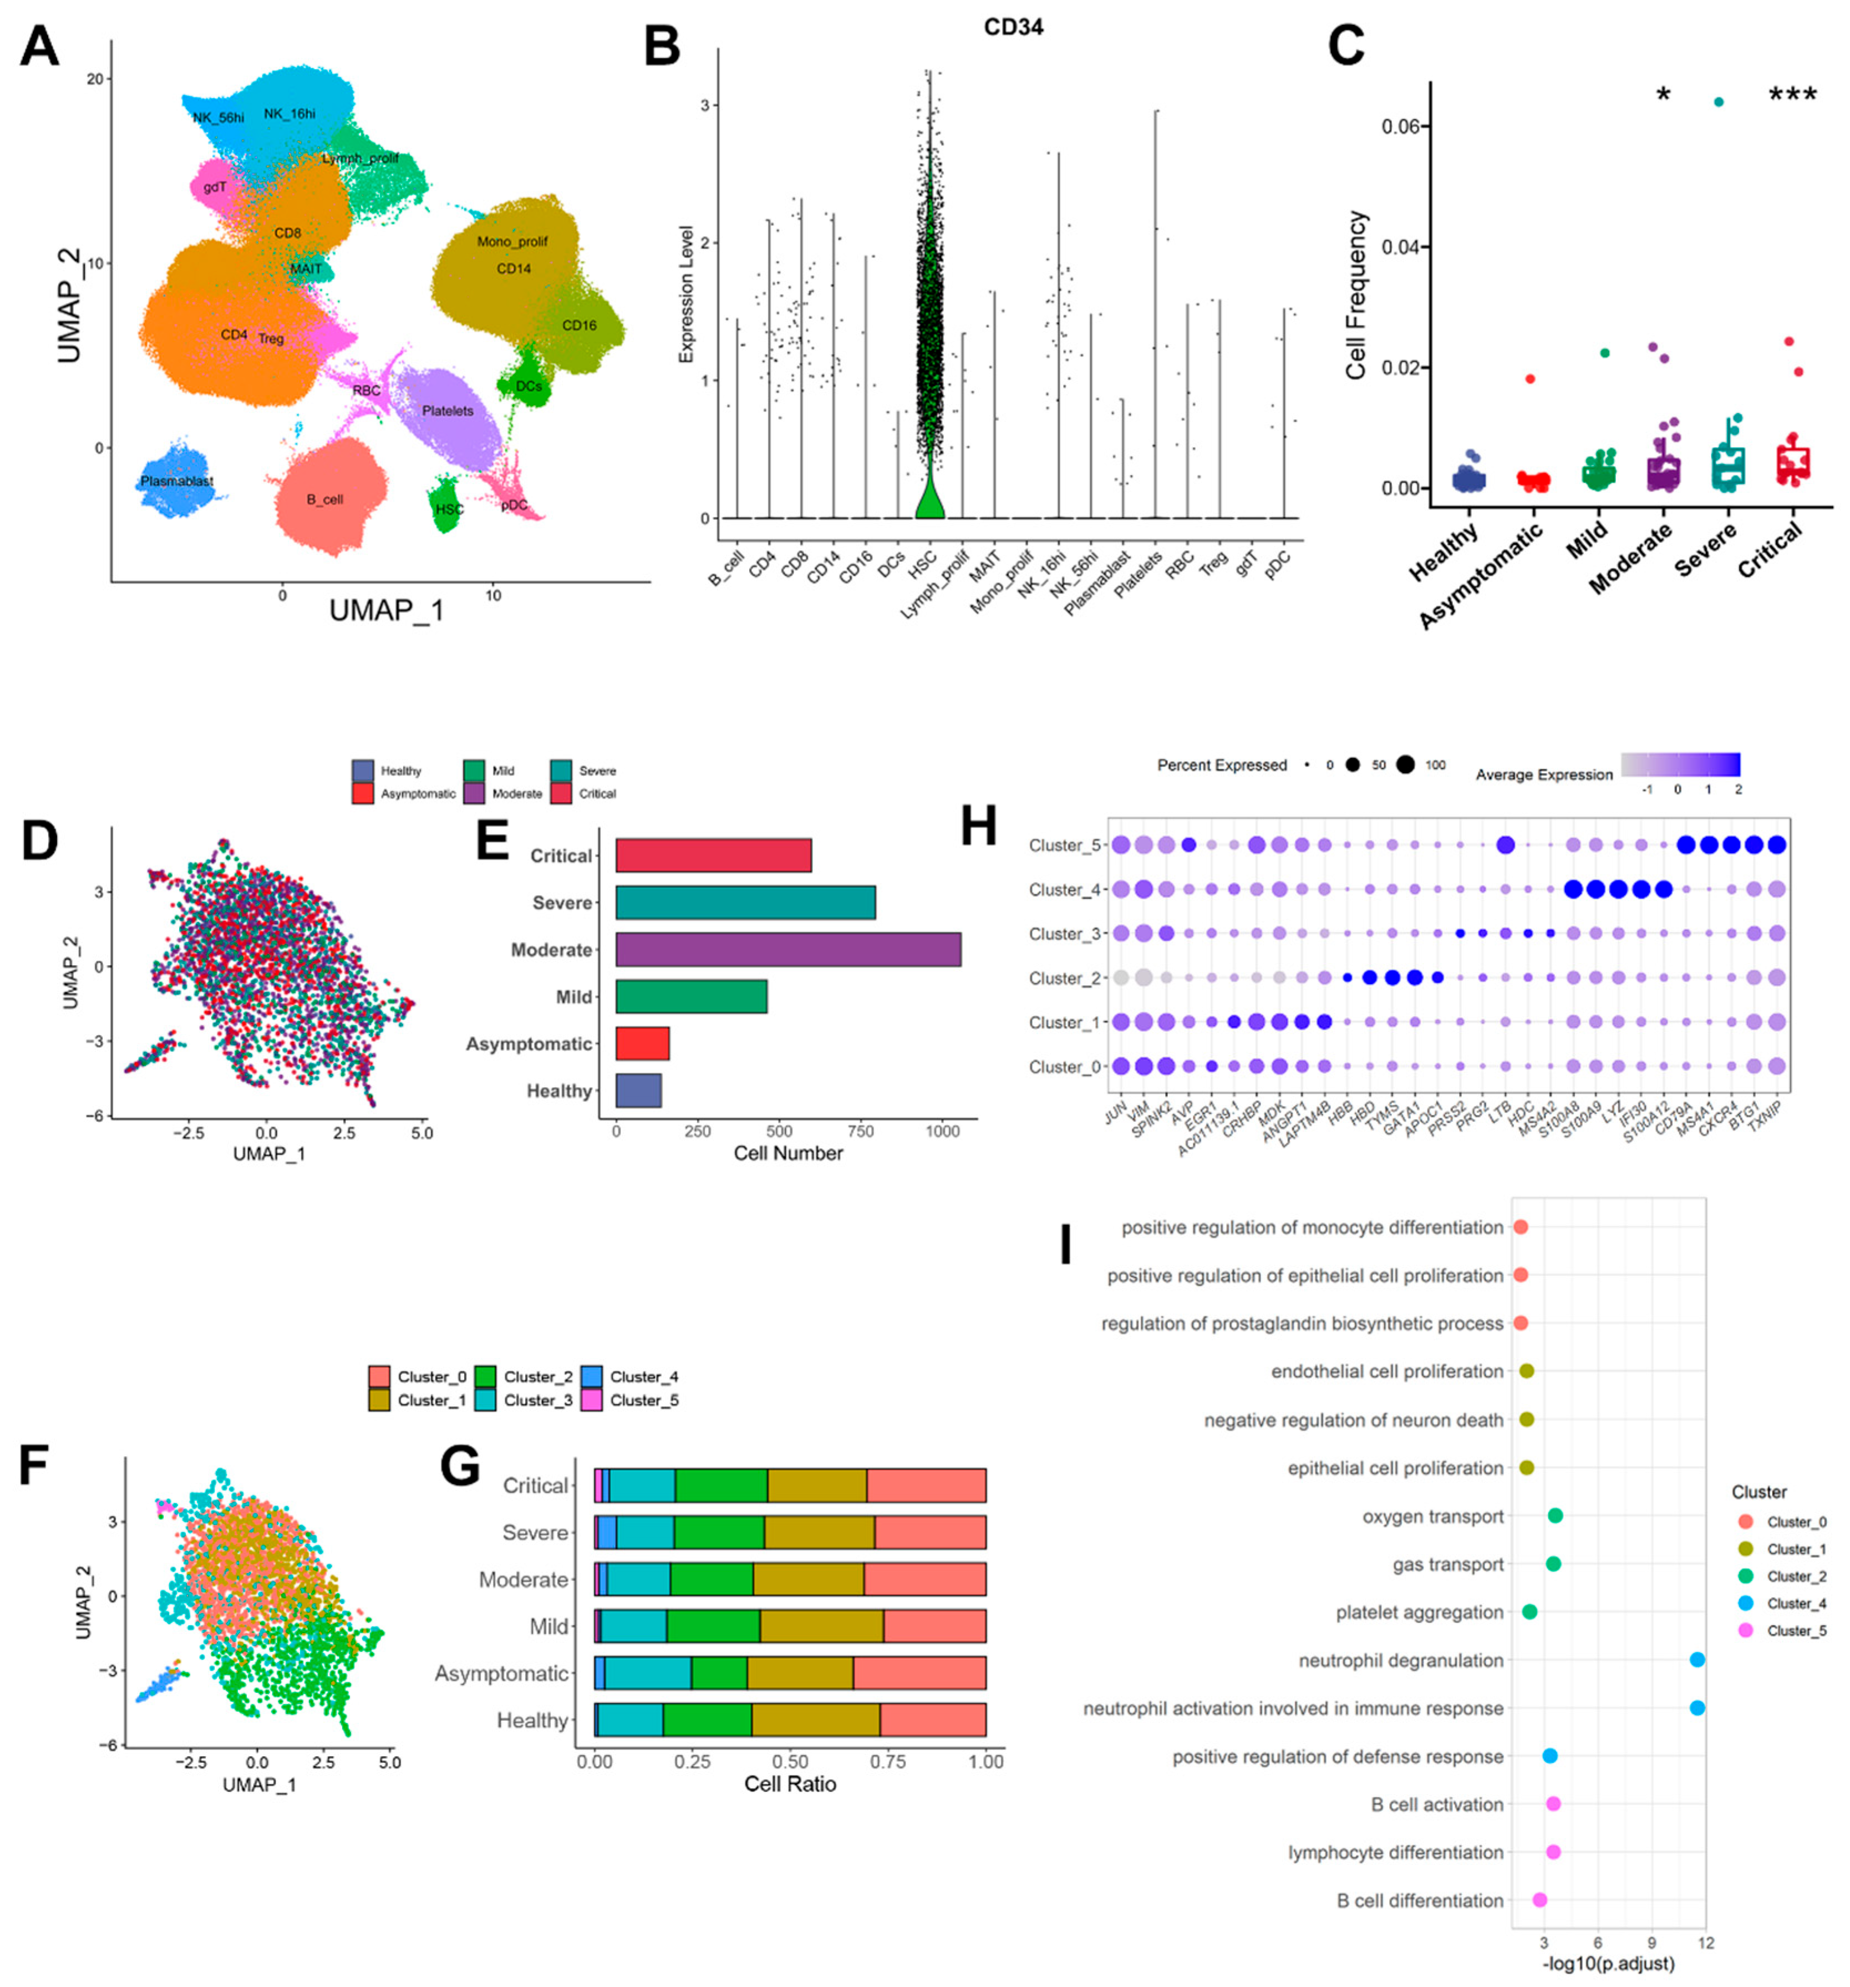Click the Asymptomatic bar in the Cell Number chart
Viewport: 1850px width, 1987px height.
click(642, 1043)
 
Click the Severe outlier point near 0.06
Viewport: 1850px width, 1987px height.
click(1718, 102)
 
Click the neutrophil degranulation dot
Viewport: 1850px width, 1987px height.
click(1696, 1660)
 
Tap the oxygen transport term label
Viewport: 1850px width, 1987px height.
click(1432, 1516)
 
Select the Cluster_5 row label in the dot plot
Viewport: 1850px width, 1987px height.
click(1064, 845)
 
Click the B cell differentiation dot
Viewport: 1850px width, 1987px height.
click(1539, 1900)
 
